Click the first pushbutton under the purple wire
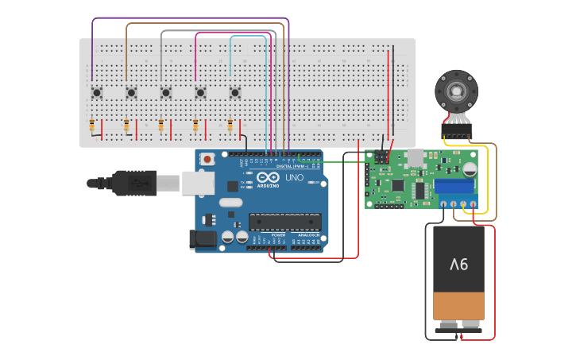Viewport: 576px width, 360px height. pyautogui.click(x=97, y=93)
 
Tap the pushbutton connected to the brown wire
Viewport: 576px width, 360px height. pyautogui.click(x=131, y=93)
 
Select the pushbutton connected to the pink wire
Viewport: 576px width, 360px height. pyautogui.click(x=200, y=93)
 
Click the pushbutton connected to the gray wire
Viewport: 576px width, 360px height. pyautogui.click(x=166, y=93)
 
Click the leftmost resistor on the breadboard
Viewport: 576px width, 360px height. pyautogui.click(x=92, y=126)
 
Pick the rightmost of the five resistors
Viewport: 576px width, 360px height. pyautogui.click(x=230, y=126)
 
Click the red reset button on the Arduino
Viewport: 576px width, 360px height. pyautogui.click(x=208, y=159)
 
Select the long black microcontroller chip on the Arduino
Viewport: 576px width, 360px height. pyautogui.click(x=285, y=222)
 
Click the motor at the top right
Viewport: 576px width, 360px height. pyautogui.click(x=456, y=92)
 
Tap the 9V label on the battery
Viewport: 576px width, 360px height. pyautogui.click(x=459, y=265)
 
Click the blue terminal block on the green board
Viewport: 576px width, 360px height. pyautogui.click(x=454, y=186)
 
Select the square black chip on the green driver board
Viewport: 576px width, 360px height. pyautogui.click(x=397, y=185)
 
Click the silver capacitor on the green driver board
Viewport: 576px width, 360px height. pyautogui.click(x=470, y=168)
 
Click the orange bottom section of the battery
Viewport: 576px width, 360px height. pyautogui.click(x=458, y=305)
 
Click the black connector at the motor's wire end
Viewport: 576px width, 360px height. pyautogui.click(x=457, y=131)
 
